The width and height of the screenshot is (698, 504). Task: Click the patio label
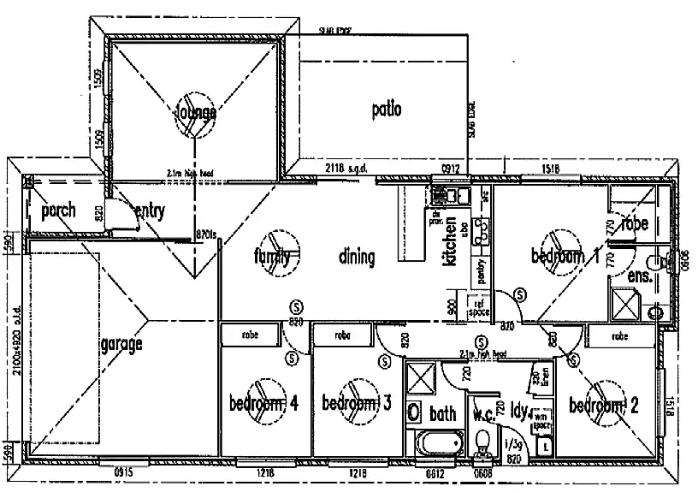[x=387, y=109]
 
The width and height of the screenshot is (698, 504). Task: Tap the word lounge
[x=196, y=112]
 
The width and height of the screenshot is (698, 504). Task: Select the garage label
[x=121, y=345]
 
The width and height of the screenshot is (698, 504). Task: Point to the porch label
[x=58, y=210]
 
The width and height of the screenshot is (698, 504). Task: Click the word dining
[x=357, y=256]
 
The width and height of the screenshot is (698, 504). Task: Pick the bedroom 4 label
[x=263, y=404]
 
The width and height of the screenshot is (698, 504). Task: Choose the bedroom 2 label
[x=604, y=405]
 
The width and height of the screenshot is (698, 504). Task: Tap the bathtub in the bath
[x=438, y=444]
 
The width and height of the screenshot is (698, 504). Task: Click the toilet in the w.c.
[x=482, y=444]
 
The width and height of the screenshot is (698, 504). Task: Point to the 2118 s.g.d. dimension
[x=346, y=168]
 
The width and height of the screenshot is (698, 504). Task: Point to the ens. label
[x=640, y=278]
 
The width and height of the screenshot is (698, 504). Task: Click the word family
[x=273, y=256]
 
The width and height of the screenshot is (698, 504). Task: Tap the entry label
[x=150, y=210]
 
